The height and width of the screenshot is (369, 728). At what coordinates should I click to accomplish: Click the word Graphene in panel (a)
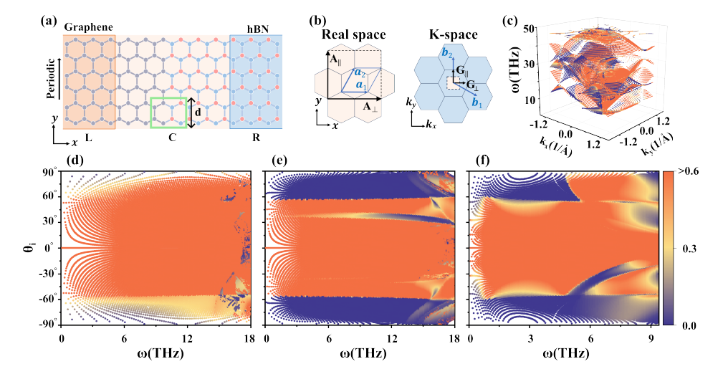click(89, 27)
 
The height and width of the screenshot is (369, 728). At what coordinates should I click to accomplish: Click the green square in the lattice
click(168, 113)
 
